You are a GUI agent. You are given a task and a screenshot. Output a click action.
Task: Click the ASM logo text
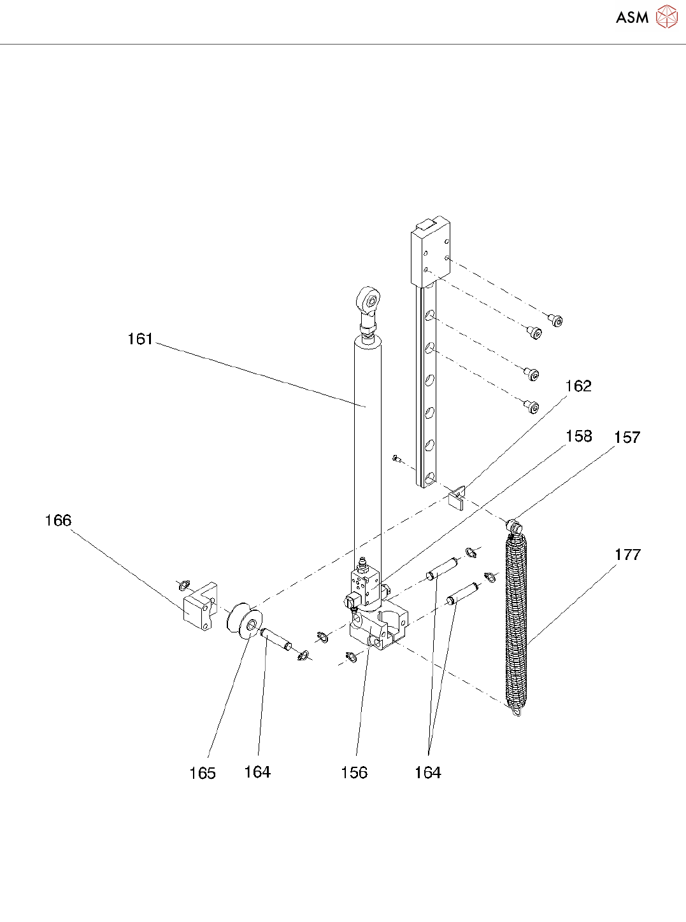[x=632, y=18]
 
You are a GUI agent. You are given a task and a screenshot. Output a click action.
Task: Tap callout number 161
[x=140, y=339]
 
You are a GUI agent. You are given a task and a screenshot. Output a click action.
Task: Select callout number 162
[x=578, y=386]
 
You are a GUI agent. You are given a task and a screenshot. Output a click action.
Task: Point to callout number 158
[x=578, y=437]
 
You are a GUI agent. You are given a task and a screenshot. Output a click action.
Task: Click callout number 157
[x=627, y=438]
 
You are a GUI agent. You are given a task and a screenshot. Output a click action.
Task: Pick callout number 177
[x=627, y=555]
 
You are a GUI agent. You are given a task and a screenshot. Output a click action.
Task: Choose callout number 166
[x=58, y=520]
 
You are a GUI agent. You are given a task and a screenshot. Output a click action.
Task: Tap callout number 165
[x=203, y=773]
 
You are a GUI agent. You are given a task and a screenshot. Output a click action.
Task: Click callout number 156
[x=354, y=772]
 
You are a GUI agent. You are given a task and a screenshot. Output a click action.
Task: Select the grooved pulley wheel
[x=244, y=624]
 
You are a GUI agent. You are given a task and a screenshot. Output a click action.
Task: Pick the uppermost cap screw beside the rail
[x=556, y=321]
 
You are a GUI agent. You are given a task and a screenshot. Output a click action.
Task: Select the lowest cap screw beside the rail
[x=532, y=406]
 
